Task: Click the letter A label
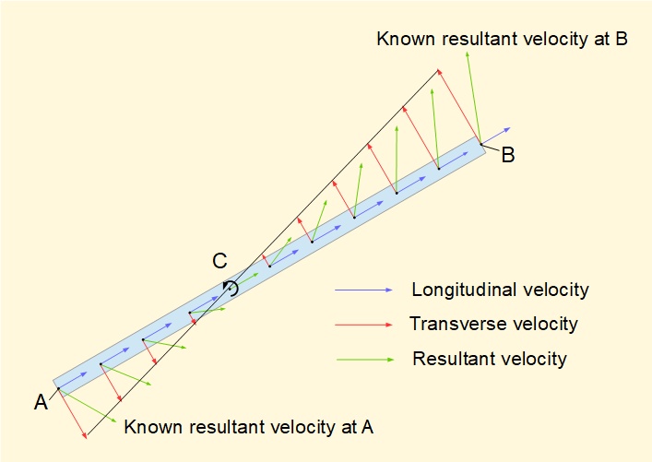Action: [41, 402]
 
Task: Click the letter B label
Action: [508, 155]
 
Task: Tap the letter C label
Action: [219, 261]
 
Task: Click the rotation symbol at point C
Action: [230, 288]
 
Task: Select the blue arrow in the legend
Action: [364, 290]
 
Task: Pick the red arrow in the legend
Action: [364, 325]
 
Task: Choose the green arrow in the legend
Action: [365, 360]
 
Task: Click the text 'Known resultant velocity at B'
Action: [502, 39]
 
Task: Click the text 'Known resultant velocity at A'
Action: [249, 427]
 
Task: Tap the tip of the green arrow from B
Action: [468, 53]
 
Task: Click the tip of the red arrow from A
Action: [86, 437]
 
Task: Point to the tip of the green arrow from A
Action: [116, 422]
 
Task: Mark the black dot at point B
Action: [481, 144]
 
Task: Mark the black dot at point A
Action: [59, 388]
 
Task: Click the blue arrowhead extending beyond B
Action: [508, 130]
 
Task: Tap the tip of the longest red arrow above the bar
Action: [437, 70]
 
